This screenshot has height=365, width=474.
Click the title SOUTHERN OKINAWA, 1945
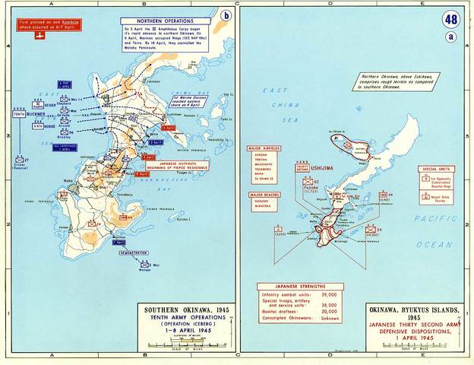pos(176,310)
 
